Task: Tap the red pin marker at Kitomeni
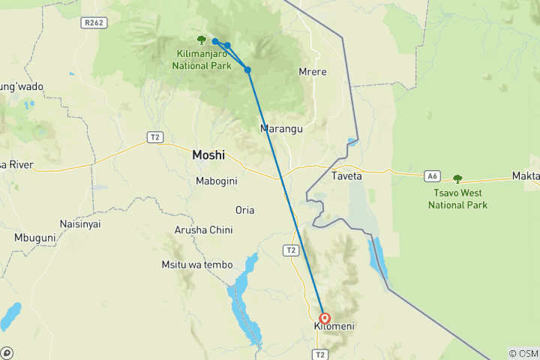(325, 319)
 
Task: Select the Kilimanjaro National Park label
(201, 60)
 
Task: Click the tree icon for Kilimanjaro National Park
(201, 40)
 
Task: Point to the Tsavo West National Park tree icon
(457, 179)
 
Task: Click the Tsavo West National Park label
(457, 199)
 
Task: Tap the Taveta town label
(346, 176)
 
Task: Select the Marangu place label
(281, 129)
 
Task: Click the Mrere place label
(313, 72)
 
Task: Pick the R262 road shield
(94, 22)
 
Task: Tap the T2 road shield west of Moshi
(154, 136)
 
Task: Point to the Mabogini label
(217, 181)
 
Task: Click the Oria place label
(244, 210)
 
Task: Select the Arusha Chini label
(203, 229)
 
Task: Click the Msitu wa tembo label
(196, 265)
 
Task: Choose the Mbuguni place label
(35, 238)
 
